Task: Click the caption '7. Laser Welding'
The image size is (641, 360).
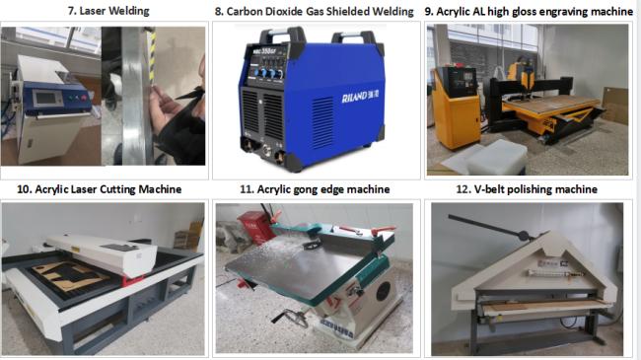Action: pyautogui.click(x=108, y=11)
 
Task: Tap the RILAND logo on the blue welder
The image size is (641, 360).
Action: pyautogui.click(x=360, y=97)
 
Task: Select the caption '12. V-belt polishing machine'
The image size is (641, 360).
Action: pyautogui.click(x=527, y=189)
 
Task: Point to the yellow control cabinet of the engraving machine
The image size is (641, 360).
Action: pyautogui.click(x=457, y=108)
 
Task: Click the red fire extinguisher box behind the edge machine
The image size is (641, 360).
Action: pyautogui.click(x=254, y=227)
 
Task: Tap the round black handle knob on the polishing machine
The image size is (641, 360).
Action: pyautogui.click(x=524, y=235)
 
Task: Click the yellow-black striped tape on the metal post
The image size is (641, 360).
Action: pyautogui.click(x=152, y=56)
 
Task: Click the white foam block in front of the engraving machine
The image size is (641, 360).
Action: pyautogui.click(x=496, y=158)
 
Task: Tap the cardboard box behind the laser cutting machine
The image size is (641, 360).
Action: pyautogui.click(x=189, y=237)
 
